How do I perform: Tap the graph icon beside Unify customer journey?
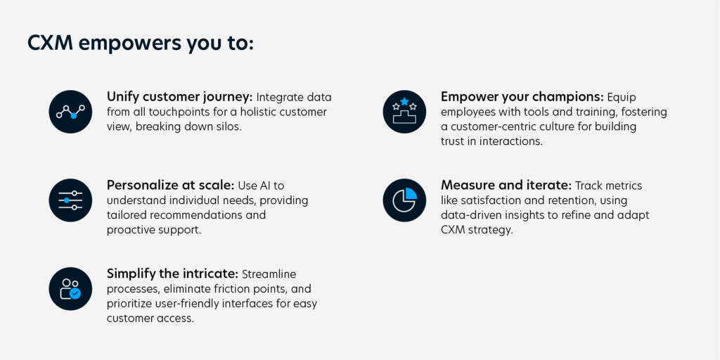[x=70, y=112]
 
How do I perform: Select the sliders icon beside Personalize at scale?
[x=70, y=200]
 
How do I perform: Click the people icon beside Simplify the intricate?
[x=70, y=288]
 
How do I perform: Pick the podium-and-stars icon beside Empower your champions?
[x=404, y=112]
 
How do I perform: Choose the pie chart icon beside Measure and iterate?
[x=404, y=200]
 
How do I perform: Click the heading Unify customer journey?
[x=180, y=97]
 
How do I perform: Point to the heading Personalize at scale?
[x=171, y=186]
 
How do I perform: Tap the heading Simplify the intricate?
[x=173, y=274]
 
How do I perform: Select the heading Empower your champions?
[x=522, y=97]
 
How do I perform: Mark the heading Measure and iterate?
[x=506, y=186]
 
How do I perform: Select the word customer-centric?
[x=489, y=127]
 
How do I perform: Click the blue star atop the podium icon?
[x=404, y=101]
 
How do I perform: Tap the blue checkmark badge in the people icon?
[x=75, y=293]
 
